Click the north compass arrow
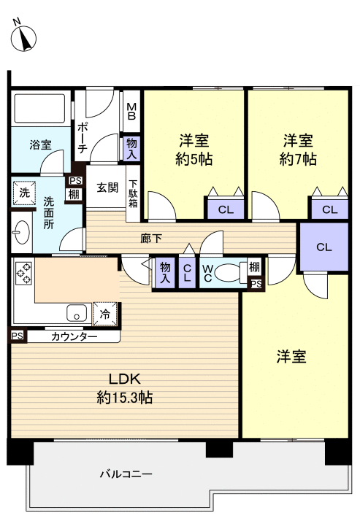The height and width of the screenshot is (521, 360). [26, 37]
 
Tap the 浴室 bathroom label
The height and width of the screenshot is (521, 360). [40, 144]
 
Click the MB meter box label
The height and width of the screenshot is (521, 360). [132, 111]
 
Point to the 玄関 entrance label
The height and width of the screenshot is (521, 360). [107, 187]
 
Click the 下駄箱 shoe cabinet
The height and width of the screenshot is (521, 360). [134, 193]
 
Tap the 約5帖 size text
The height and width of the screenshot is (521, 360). [194, 159]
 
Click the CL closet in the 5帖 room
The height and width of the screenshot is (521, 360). [226, 210]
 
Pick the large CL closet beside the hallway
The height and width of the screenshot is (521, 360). [323, 247]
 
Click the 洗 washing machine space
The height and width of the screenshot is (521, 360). [23, 193]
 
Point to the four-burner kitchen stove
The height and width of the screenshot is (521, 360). [23, 274]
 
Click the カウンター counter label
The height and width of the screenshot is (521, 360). [74, 336]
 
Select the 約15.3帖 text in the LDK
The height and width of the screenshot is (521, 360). [124, 398]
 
